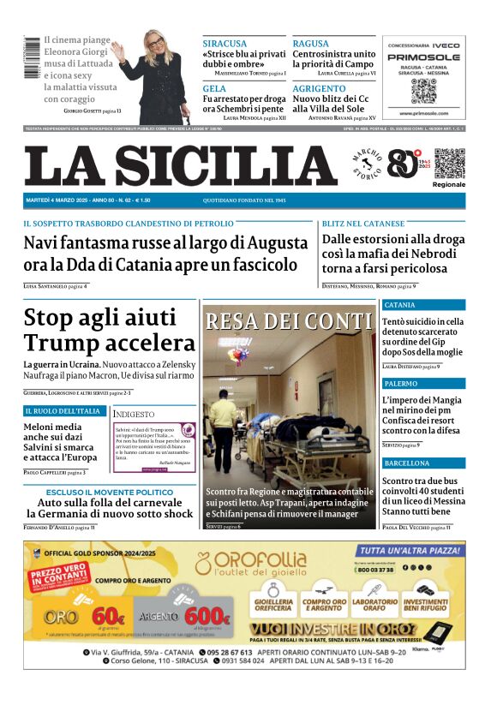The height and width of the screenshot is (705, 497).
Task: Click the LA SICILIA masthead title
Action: [180, 165]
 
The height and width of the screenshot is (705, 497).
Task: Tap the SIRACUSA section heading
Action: [225, 43]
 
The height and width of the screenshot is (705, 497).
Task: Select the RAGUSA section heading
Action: [310, 43]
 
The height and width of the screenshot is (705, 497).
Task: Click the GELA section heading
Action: [214, 88]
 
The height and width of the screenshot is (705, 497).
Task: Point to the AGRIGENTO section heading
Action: [319, 88]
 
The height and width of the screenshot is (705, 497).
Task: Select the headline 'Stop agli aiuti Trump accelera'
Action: [110, 330]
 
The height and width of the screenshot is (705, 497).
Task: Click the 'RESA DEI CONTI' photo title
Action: [289, 321]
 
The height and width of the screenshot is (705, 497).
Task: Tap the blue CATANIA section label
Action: [400, 305]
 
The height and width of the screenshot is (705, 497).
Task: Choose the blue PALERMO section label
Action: [401, 384]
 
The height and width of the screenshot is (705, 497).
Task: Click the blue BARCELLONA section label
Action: [407, 463]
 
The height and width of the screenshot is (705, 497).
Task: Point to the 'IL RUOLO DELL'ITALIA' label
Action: [63, 411]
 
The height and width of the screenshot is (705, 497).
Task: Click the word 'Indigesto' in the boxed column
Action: [135, 414]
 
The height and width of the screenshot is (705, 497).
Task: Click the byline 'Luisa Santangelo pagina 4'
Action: [55, 285]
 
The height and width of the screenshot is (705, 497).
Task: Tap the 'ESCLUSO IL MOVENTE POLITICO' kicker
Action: [109, 492]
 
